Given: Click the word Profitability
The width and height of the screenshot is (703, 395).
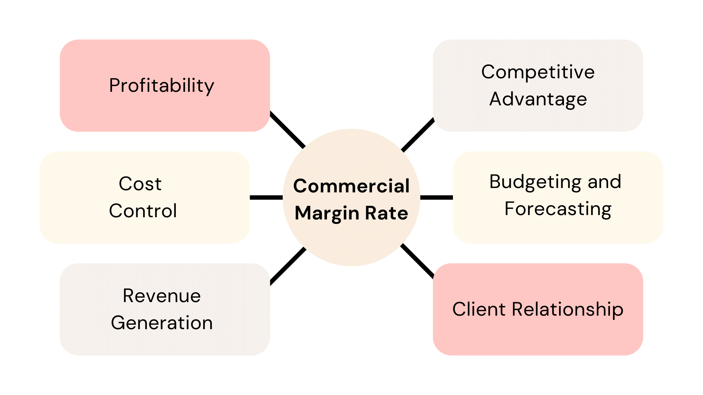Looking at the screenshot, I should [x=161, y=86].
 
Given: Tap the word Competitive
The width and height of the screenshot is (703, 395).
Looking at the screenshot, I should [x=538, y=72].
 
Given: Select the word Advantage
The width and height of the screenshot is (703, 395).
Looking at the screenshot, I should [x=538, y=99].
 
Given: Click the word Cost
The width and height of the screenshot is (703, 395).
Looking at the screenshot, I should [x=140, y=184].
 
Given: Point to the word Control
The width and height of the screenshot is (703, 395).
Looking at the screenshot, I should [x=143, y=211].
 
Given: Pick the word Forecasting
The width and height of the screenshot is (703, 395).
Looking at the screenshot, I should [x=558, y=209].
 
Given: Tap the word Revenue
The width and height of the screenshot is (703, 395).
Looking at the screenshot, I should [x=161, y=296].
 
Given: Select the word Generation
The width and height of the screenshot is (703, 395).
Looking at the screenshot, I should [x=161, y=323].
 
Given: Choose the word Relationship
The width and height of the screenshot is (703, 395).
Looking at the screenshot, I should [x=567, y=309].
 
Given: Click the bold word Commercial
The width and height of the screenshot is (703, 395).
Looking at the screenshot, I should [x=351, y=186].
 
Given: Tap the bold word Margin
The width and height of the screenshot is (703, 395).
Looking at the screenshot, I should [x=327, y=213].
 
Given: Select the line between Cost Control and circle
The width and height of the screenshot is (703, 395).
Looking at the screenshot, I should [x=266, y=197].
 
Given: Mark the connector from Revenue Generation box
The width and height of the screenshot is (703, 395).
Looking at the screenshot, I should [x=288, y=266].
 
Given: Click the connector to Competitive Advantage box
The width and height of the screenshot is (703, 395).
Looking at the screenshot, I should [x=418, y=135].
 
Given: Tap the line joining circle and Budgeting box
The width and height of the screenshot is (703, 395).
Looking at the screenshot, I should [x=436, y=197].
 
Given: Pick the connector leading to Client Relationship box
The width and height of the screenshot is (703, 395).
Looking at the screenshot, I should [x=418, y=261].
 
